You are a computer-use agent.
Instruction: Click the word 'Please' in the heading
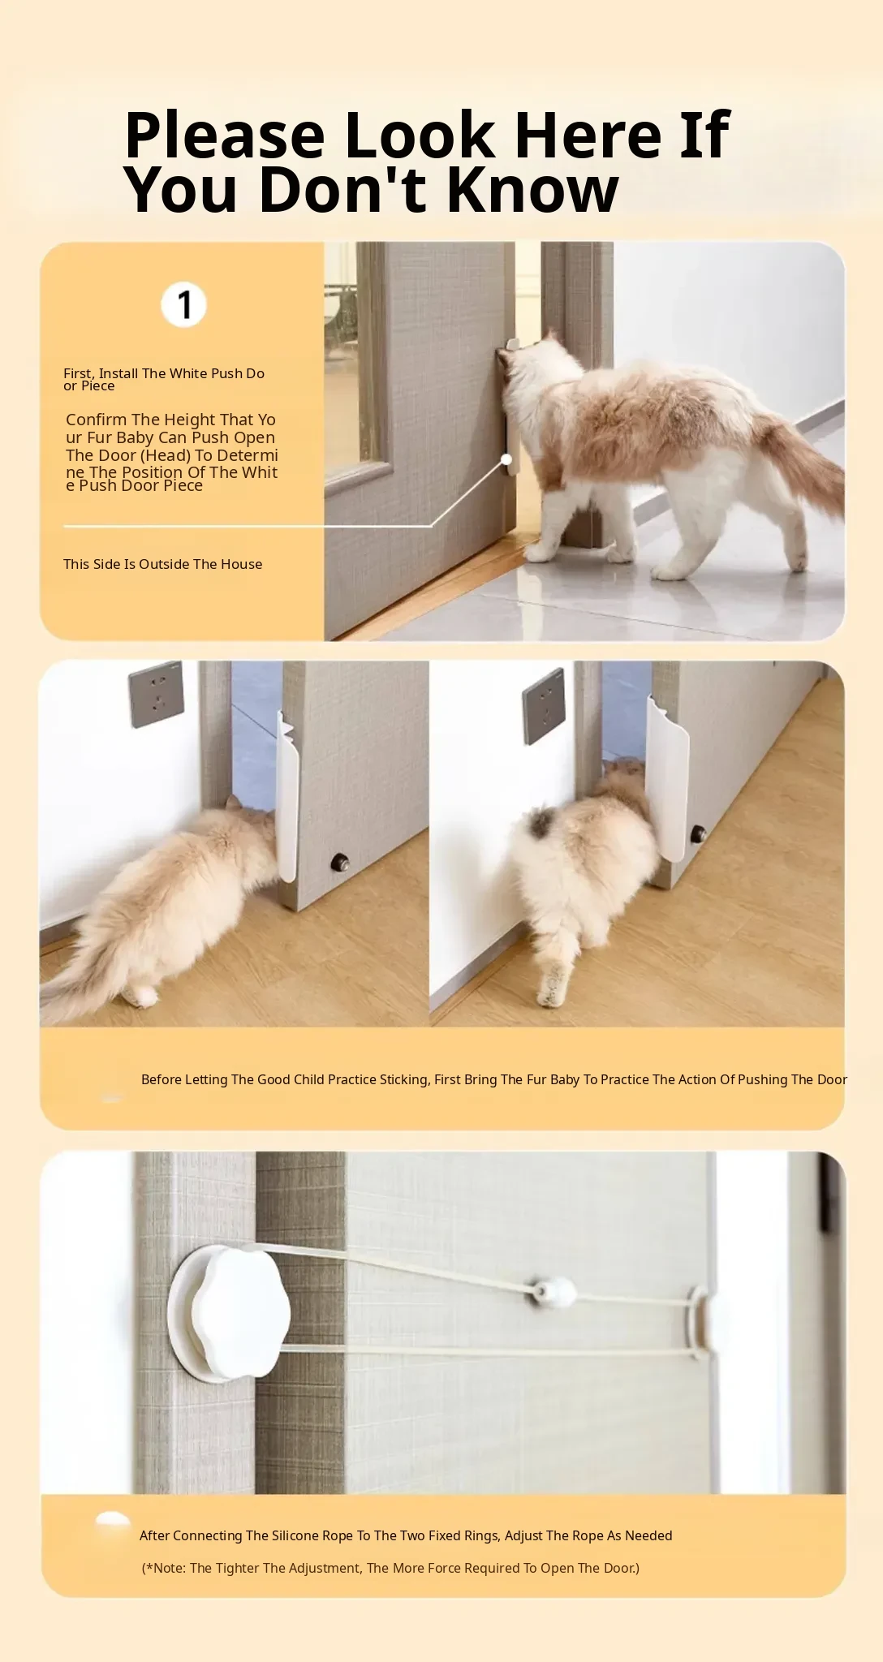(x=225, y=135)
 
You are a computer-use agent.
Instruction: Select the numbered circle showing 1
(x=183, y=305)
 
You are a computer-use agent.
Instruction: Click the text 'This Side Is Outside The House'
(x=163, y=564)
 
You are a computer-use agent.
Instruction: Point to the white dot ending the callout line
(x=506, y=460)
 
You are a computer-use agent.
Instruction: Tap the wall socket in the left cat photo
(x=155, y=695)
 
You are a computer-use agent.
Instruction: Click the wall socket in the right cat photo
(x=544, y=706)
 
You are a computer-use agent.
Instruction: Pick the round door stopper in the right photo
(x=697, y=833)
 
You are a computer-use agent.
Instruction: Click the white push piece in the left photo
(x=287, y=799)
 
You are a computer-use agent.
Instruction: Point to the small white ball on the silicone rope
(x=553, y=1290)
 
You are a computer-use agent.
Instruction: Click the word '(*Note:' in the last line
(x=164, y=1568)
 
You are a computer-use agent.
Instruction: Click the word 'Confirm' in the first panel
(x=97, y=420)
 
